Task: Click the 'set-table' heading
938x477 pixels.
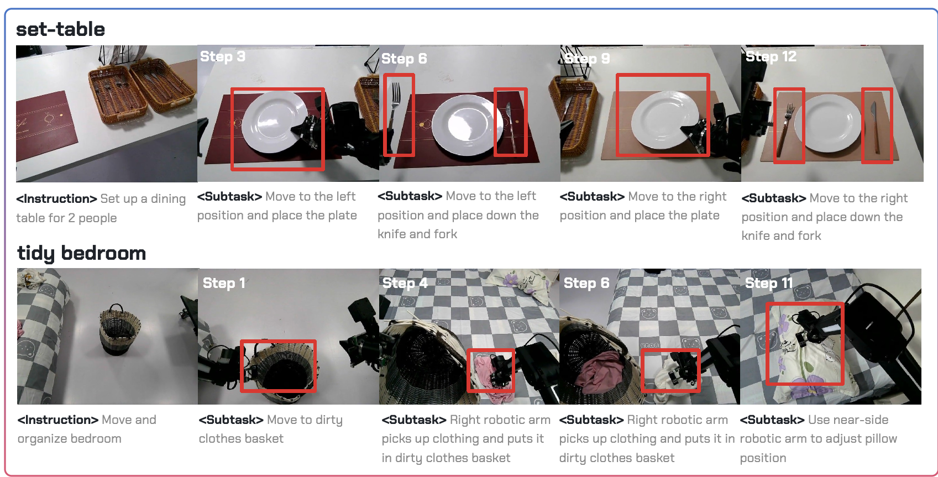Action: pyautogui.click(x=60, y=29)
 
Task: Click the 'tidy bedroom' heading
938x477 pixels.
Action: pyautogui.click(x=82, y=253)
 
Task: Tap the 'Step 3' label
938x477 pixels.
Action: pyautogui.click(x=223, y=56)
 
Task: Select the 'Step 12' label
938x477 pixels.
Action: pyautogui.click(x=771, y=56)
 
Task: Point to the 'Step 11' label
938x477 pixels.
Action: pyautogui.click(x=769, y=283)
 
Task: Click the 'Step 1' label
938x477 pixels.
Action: pyautogui.click(x=224, y=283)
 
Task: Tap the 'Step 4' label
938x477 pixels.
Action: pyautogui.click(x=405, y=283)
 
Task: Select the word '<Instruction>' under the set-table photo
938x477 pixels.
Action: pyautogui.click(x=56, y=198)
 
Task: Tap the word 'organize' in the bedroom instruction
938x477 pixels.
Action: pyautogui.click(x=41, y=439)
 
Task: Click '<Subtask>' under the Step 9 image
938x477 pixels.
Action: pyautogui.click(x=592, y=196)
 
